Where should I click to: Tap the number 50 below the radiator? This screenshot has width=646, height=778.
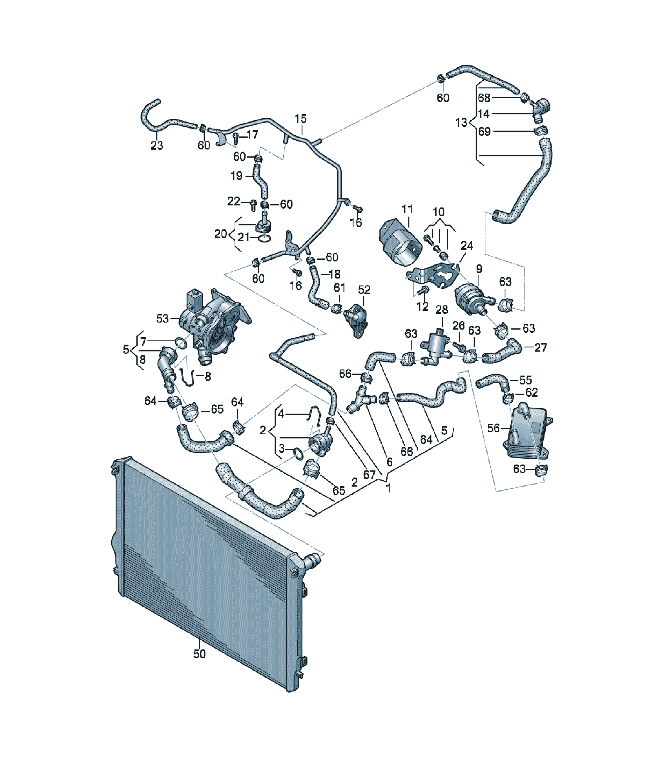pos(199,654)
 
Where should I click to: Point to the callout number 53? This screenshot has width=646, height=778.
pos(162,318)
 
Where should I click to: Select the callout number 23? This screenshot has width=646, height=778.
pos(157,146)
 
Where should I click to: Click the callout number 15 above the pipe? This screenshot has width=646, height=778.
pos(301,119)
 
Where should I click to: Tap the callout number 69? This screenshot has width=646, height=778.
pos(485,131)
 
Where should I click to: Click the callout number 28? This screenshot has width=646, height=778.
pos(442,309)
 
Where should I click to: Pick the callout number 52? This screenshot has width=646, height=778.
pos(364,289)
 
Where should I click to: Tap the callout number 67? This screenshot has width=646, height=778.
pos(369,474)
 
